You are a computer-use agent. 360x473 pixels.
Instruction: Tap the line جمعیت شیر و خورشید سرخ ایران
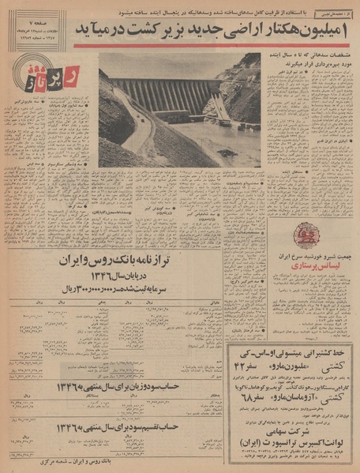305,257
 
